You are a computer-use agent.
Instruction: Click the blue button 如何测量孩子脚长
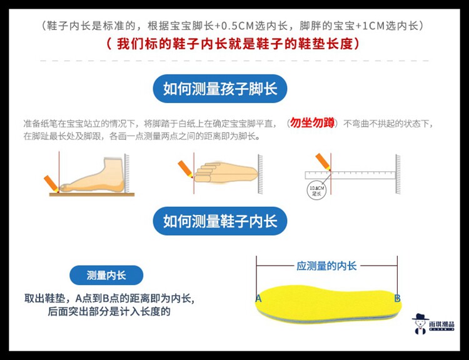(220, 89)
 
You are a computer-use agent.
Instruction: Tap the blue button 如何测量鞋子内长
(220, 221)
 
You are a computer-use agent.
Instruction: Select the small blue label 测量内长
(106, 275)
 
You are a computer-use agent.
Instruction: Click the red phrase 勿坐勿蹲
(311, 122)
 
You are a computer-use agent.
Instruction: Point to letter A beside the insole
(258, 299)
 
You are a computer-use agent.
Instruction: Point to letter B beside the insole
(397, 299)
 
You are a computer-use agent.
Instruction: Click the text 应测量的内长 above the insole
(326, 266)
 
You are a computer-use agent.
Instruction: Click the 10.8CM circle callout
(317, 190)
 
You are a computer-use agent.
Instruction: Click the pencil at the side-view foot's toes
(50, 183)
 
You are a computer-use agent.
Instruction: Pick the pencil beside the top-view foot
(185, 169)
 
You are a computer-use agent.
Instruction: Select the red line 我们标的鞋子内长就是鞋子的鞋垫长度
(234, 45)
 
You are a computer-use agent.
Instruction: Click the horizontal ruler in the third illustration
(350, 175)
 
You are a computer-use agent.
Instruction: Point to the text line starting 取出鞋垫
(109, 299)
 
